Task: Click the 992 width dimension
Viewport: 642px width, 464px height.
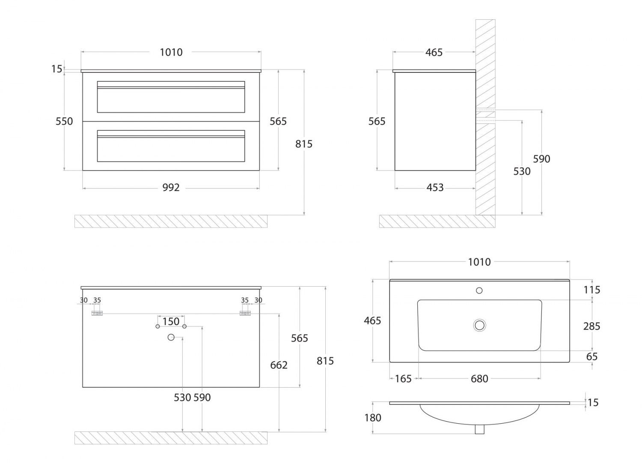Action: coord(171,188)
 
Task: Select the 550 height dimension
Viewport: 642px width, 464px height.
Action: coord(64,121)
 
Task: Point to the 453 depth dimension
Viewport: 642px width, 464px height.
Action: coord(435,188)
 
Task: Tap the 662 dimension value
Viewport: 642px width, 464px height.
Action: coord(279,365)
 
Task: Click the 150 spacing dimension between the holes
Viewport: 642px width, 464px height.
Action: coord(171,321)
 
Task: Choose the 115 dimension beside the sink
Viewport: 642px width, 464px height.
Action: coord(592,290)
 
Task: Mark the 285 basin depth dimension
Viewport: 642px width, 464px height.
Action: coord(592,326)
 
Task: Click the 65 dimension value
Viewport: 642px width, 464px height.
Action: coord(592,356)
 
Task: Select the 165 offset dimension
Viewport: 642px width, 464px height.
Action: coord(403,379)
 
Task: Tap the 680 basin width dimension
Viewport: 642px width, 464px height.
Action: coord(479,379)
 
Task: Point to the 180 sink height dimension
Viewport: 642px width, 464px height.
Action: coord(373,418)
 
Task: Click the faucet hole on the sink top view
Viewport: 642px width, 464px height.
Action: coord(479,290)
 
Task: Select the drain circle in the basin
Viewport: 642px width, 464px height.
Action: coord(479,325)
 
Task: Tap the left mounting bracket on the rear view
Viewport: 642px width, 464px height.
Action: coord(97,314)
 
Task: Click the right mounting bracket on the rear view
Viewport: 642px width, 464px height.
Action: coord(245,314)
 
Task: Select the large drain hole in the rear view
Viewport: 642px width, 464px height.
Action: coord(171,338)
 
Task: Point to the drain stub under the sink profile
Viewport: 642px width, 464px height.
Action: coord(479,429)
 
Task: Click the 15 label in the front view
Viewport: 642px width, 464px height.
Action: coord(56,69)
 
